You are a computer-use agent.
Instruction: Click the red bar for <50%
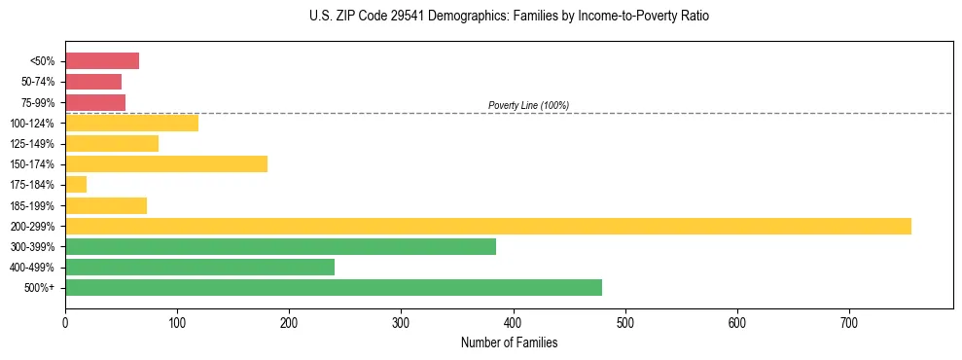102,61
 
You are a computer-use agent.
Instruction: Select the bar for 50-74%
93,82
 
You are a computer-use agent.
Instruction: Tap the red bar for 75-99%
95,102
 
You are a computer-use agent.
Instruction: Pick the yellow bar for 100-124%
131,123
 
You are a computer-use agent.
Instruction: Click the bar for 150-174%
166,163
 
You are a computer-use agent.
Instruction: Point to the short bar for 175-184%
76,185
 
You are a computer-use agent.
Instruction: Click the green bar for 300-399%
280,247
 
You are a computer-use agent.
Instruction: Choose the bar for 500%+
334,288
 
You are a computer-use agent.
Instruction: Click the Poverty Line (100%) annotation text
528,105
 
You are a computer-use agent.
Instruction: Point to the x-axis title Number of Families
509,342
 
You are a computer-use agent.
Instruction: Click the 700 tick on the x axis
849,322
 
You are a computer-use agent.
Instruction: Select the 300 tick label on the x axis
401,322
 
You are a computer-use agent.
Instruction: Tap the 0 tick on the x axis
65,322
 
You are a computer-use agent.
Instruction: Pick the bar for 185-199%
106,205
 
